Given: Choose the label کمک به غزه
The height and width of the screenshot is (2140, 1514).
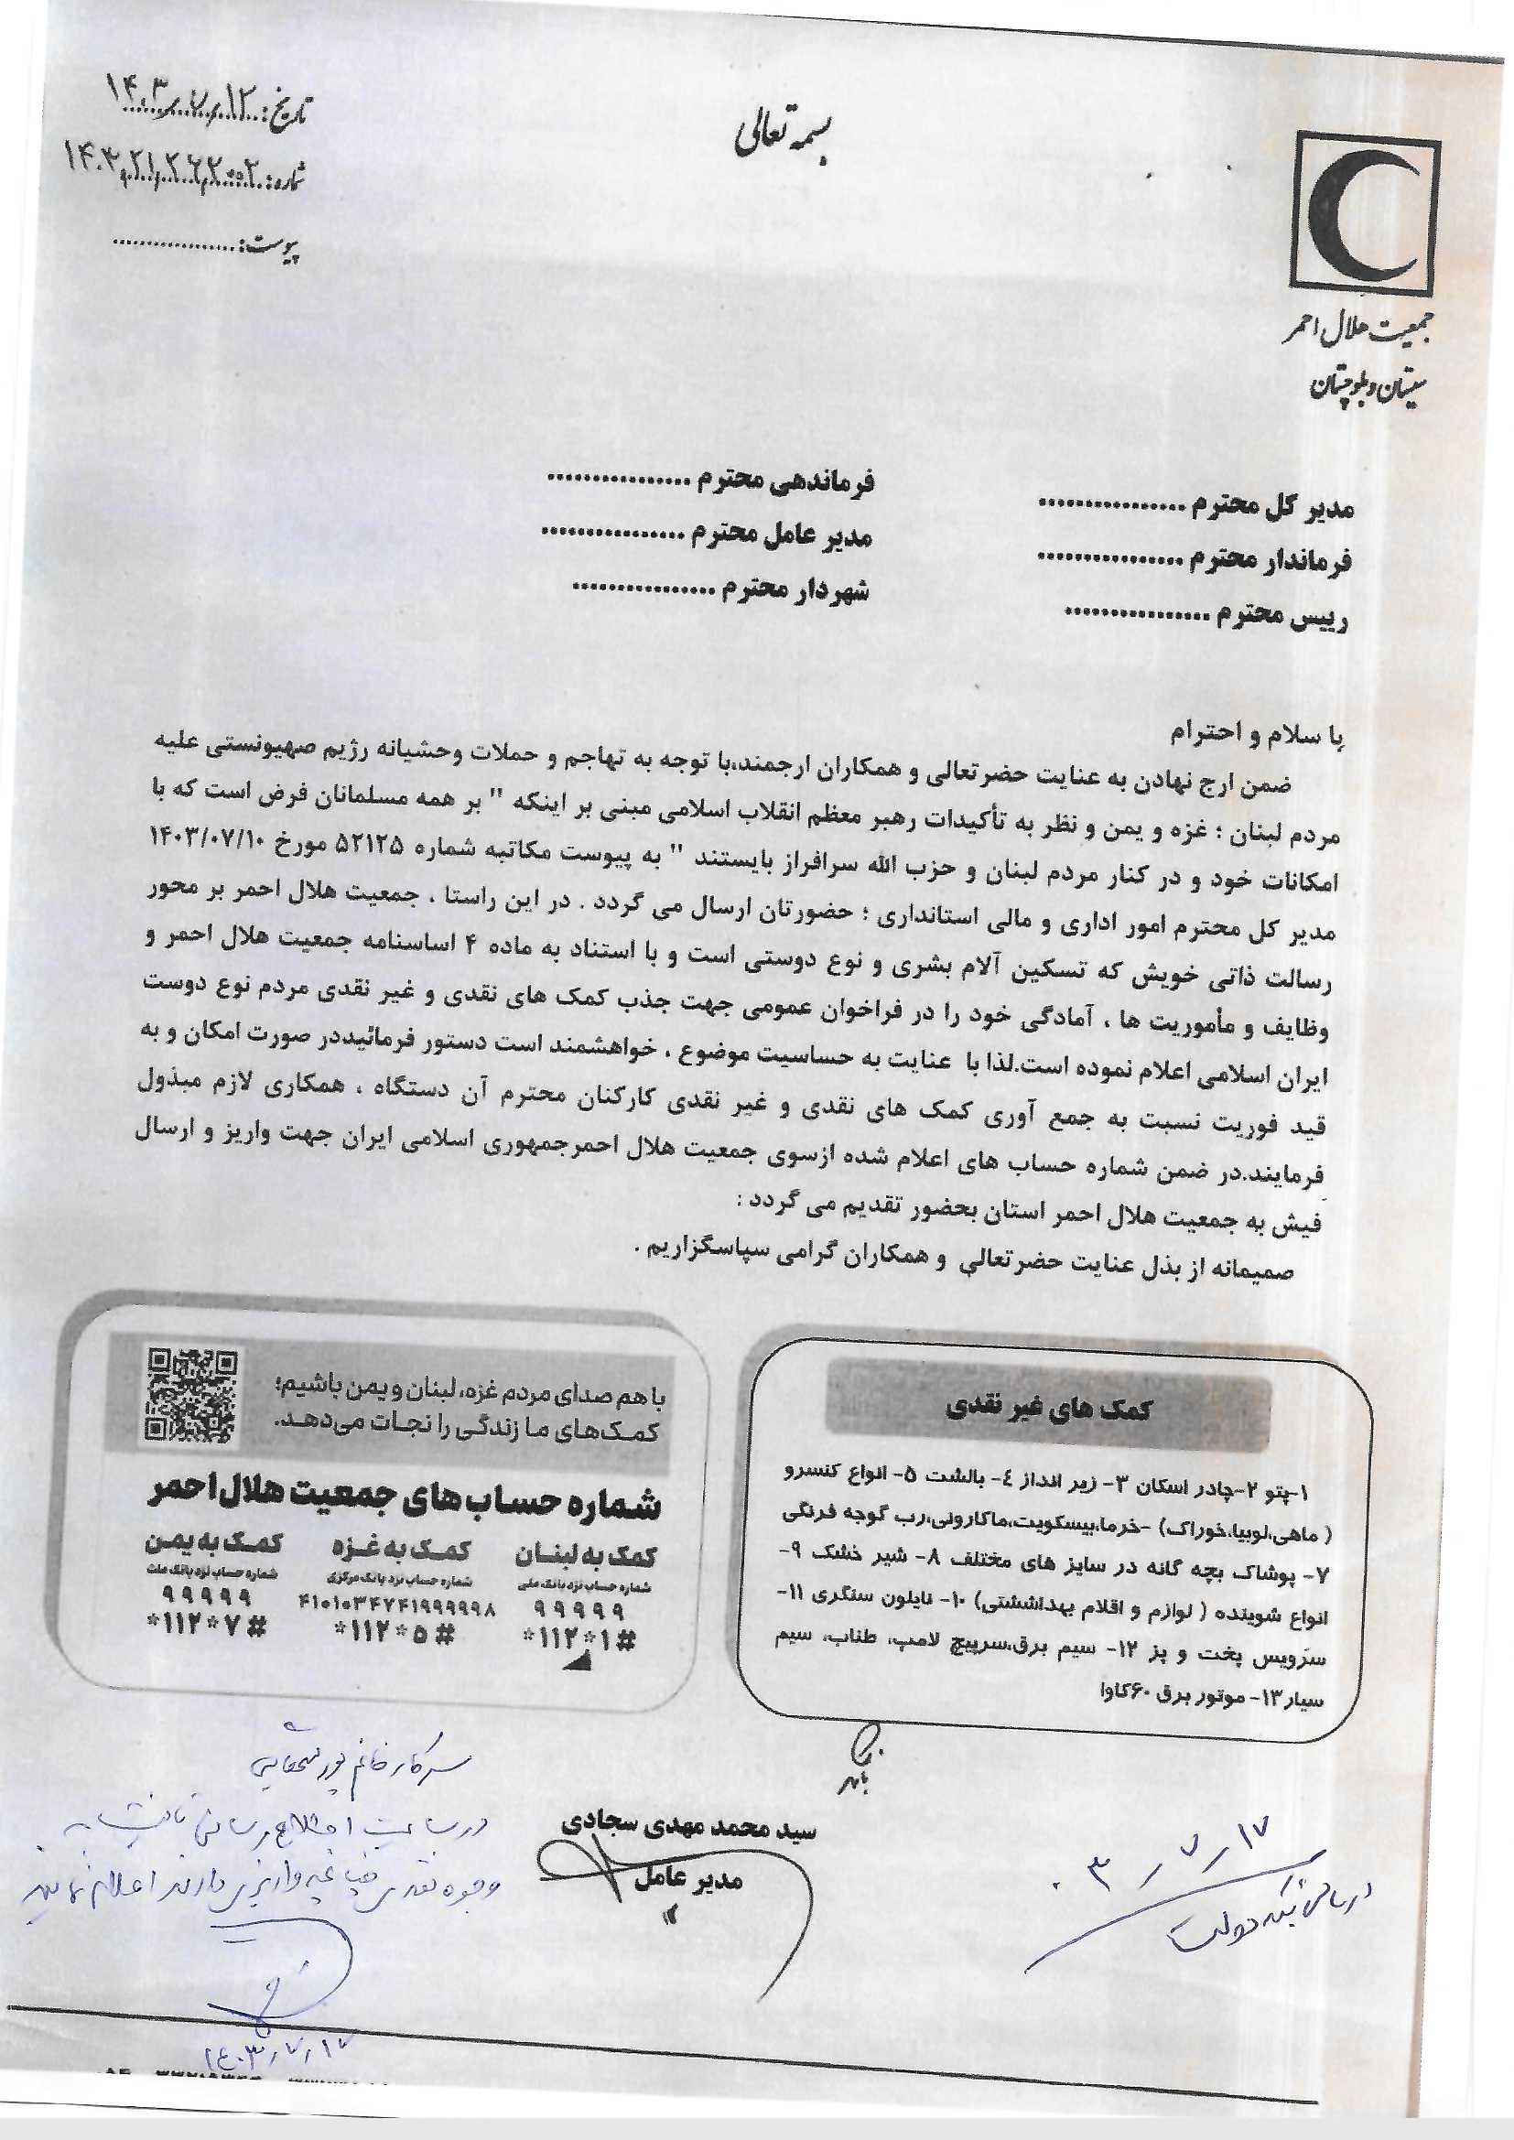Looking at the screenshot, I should (x=402, y=1551).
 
